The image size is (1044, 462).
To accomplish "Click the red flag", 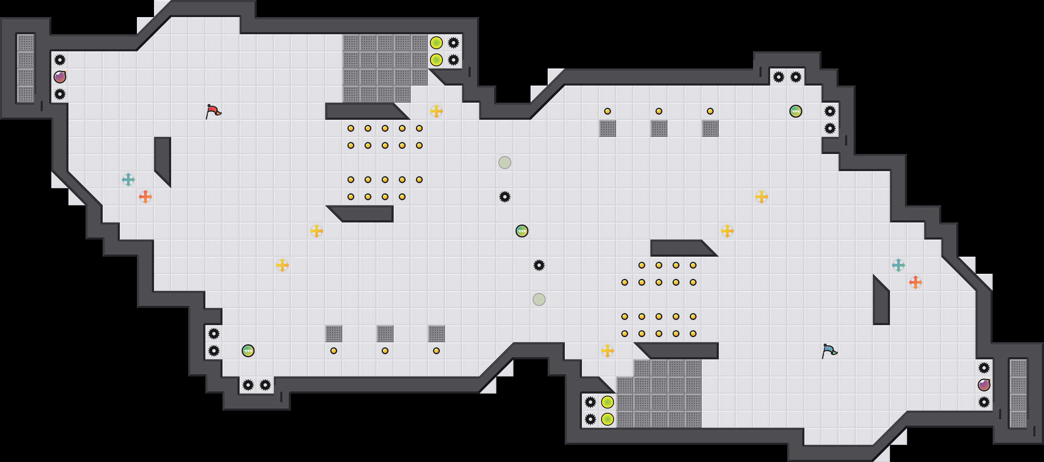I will (x=213, y=111).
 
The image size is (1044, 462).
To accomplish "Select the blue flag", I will (x=829, y=351).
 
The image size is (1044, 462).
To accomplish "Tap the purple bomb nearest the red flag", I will (x=60, y=77).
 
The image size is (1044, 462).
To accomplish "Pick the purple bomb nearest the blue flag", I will (x=984, y=385).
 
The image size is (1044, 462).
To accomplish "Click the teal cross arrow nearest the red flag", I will (x=128, y=180).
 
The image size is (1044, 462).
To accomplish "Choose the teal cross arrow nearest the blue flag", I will (x=899, y=265).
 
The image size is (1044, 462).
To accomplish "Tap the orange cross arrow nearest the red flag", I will (x=145, y=197).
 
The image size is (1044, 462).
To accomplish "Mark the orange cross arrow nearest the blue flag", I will (x=916, y=282).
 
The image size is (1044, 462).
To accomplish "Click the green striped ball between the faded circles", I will (x=522, y=231).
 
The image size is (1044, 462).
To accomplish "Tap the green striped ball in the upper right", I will (x=796, y=111).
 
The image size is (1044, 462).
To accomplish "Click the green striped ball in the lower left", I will (x=248, y=351).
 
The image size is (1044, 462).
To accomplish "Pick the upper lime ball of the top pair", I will (x=436, y=43).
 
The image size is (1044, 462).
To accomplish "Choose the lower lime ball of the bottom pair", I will (x=608, y=419).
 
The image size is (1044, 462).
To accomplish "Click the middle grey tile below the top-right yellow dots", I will (x=659, y=128).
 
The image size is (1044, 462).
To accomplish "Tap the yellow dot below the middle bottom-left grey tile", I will (x=385, y=351).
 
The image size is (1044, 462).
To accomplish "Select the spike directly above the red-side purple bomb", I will (x=60, y=60).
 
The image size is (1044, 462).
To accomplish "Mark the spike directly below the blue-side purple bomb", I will (x=984, y=402).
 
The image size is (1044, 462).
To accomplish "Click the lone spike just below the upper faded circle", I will (x=505, y=197).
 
